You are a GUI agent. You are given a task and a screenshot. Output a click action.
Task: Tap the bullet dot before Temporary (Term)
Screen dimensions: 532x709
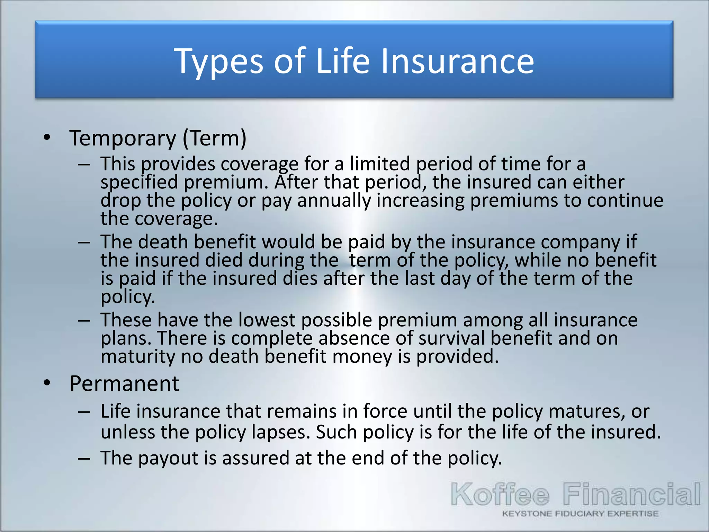(x=47, y=138)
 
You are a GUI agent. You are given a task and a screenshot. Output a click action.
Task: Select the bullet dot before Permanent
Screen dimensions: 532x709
(x=47, y=383)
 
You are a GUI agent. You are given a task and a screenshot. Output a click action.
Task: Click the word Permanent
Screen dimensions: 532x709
(x=124, y=384)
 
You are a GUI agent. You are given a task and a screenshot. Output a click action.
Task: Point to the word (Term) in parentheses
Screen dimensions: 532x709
(x=215, y=138)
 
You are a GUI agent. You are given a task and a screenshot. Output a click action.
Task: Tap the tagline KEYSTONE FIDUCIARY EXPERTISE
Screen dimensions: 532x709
(x=580, y=514)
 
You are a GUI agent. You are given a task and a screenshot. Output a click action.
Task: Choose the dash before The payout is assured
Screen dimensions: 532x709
(x=84, y=459)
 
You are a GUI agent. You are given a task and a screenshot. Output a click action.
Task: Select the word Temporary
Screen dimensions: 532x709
(x=123, y=138)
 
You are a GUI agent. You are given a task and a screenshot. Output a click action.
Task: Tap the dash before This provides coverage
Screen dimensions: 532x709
(x=84, y=164)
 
